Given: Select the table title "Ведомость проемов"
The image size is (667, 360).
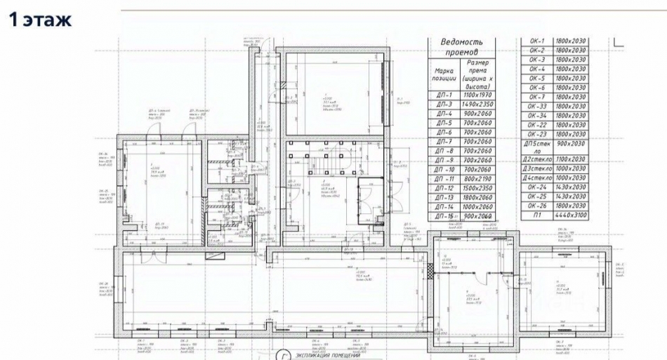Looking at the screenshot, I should pyautogui.click(x=461, y=47).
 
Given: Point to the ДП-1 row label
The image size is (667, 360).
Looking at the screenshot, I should pyautogui.click(x=443, y=95).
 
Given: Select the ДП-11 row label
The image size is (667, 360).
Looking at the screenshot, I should pyautogui.click(x=443, y=179).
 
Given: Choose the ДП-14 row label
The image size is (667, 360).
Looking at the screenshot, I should pyautogui.click(x=443, y=208).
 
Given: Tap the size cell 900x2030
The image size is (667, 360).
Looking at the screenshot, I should pyautogui.click(x=570, y=144).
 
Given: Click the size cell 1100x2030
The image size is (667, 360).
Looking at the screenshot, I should pyautogui.click(x=570, y=159).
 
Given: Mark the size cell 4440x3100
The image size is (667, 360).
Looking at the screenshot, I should pyautogui.click(x=570, y=216).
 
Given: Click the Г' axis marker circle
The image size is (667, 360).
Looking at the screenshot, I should pyautogui.click(x=284, y=355).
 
